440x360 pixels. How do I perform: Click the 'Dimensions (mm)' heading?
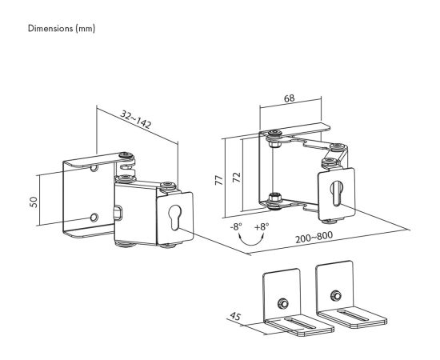pos(62,29)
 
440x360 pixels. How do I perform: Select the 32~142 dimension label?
pos(136,119)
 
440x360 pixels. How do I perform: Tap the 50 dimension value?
pos(34,202)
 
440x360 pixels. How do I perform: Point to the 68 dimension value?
pos(290,98)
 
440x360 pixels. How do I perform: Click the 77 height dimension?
pos(219,180)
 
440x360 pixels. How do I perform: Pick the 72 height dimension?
pos(237,177)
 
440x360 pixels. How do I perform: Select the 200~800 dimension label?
pos(314,238)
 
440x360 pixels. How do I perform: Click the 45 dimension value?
pos(235,316)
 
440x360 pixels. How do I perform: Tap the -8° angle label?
pos(236,226)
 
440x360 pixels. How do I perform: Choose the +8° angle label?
pos(262,226)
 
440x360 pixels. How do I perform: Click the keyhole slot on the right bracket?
pos(337,194)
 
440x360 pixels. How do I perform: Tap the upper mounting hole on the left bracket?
pos(94,168)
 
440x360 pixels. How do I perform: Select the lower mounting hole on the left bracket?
pos(94,218)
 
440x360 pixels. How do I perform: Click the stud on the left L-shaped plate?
pos(283,304)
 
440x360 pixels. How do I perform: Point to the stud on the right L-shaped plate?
pos(336,295)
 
